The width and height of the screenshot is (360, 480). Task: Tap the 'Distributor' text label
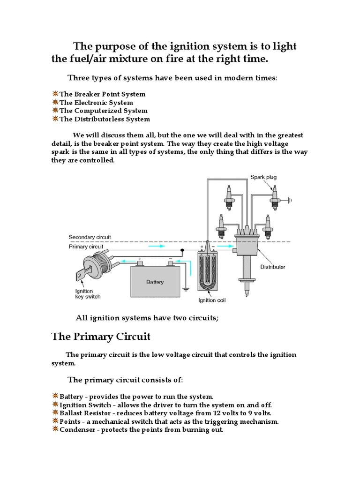pos(272,267)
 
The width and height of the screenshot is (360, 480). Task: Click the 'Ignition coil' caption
pos(211,300)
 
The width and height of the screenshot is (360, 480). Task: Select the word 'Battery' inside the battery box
pos(155,282)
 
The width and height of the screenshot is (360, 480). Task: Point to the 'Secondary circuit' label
pos(90,237)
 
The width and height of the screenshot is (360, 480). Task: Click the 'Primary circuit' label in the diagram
pos(86,246)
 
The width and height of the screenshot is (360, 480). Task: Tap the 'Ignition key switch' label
pos(88,294)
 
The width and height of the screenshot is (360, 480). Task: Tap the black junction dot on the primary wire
pos(183,250)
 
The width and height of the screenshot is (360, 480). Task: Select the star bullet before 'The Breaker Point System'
pos(55,94)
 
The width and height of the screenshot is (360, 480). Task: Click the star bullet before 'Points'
pos(55,421)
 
